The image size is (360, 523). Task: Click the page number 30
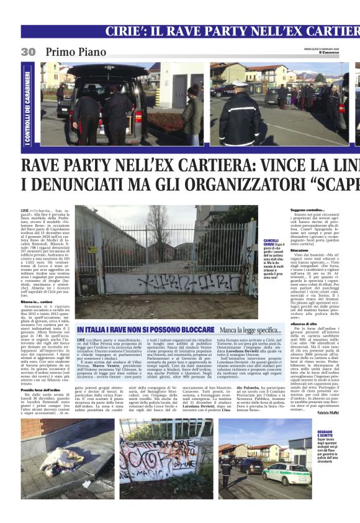[x=28, y=52]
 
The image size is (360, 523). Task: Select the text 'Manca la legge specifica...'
[x=250, y=330]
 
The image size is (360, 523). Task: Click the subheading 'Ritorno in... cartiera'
[x=37, y=301]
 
